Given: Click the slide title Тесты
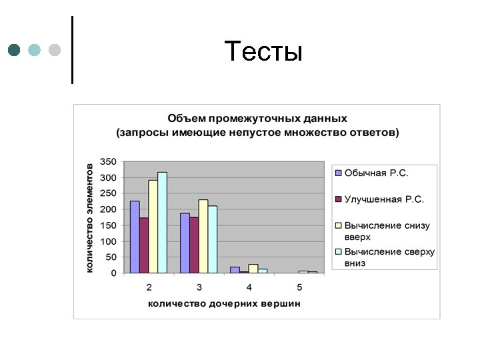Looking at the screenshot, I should (x=263, y=51).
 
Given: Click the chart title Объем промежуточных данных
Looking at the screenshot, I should (x=257, y=118).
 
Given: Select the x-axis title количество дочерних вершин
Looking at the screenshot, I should (x=224, y=303).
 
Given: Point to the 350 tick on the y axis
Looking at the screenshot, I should (x=108, y=161).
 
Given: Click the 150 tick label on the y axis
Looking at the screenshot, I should (x=108, y=225).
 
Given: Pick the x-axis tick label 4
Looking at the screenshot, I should (x=249, y=287).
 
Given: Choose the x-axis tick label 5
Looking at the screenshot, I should (x=299, y=287).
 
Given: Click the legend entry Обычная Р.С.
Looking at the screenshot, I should (x=376, y=173).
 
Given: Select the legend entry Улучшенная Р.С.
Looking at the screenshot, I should (x=383, y=199).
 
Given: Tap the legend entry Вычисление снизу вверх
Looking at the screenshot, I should (x=387, y=231).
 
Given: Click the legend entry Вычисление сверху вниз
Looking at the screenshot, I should (x=389, y=257).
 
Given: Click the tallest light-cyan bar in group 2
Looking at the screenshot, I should (x=162, y=223).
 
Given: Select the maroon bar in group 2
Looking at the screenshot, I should (x=144, y=245).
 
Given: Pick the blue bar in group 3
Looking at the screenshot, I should (x=185, y=243).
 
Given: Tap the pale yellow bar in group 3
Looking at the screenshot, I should (x=203, y=236).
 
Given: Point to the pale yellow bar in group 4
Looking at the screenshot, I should (x=253, y=269).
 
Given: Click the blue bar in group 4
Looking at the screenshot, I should (x=235, y=270).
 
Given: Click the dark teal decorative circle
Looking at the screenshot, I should (x=14, y=50).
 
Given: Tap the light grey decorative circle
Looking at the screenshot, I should (x=55, y=50).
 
